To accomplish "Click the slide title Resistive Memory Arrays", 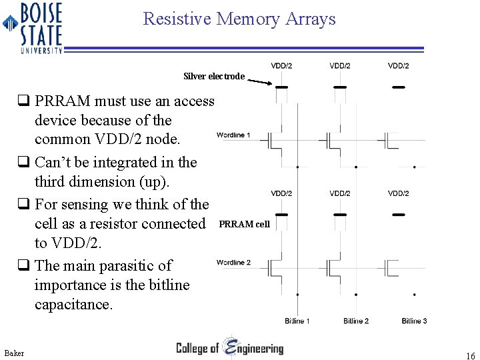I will pos(239,19).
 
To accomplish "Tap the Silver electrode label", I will pos(214,77).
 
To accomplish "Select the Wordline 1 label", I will pos(233,135).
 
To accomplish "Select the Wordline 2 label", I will pos(233,263).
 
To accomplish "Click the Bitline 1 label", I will pos(297,321).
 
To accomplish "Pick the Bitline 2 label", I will pos(356,321).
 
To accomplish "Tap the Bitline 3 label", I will pos(415,321).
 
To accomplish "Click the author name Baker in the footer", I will pos(14,352).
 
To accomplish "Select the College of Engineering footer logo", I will pos(229,348).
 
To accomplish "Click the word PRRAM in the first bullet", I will pos(61,101).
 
